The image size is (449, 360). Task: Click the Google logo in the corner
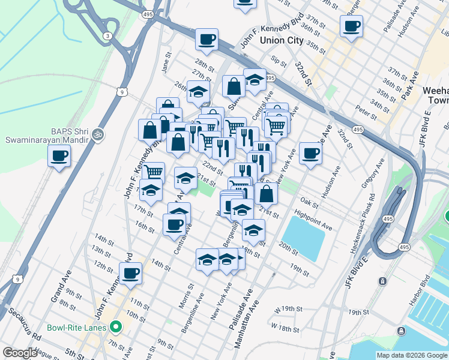click(x=20, y=353)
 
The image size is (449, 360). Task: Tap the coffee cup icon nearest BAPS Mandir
click(x=59, y=157)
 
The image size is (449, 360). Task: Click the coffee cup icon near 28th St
click(x=206, y=40)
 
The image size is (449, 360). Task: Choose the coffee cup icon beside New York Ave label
click(x=310, y=154)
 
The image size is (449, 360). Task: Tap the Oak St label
click(x=309, y=203)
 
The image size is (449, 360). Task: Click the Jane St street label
click(x=166, y=64)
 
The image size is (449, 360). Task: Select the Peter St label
click(x=362, y=110)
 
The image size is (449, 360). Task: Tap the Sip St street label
click(x=279, y=62)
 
